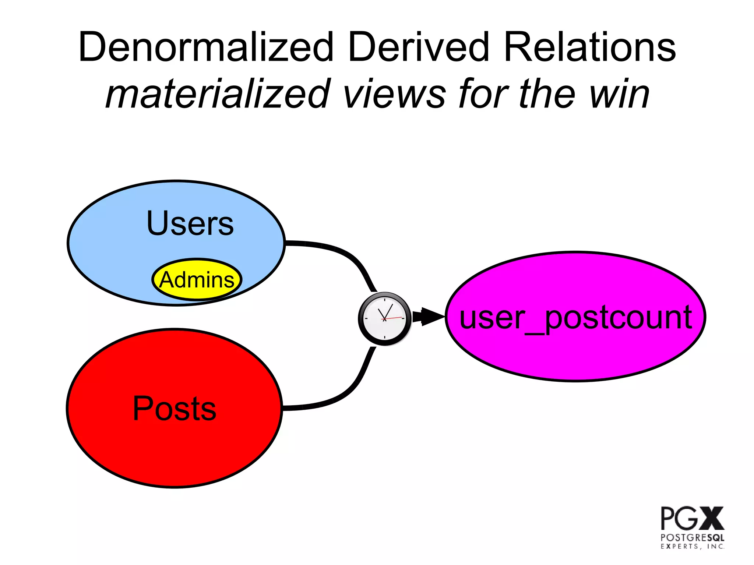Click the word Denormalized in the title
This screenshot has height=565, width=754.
pos(206,47)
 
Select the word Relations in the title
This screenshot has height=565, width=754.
pos(589,47)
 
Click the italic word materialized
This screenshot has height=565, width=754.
pos(217,94)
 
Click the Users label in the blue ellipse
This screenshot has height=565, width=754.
pos(190,223)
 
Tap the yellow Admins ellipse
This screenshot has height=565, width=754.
pos(197,280)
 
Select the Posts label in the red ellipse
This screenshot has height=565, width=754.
pos(174,409)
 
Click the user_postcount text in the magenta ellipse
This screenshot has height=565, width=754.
pos(575,317)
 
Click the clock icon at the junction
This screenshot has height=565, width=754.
pos(384,319)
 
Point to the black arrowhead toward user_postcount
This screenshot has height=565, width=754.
pos(431,317)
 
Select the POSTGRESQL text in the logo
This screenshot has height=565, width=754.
pos(692,538)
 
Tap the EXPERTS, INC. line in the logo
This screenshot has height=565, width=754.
pos(692,547)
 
